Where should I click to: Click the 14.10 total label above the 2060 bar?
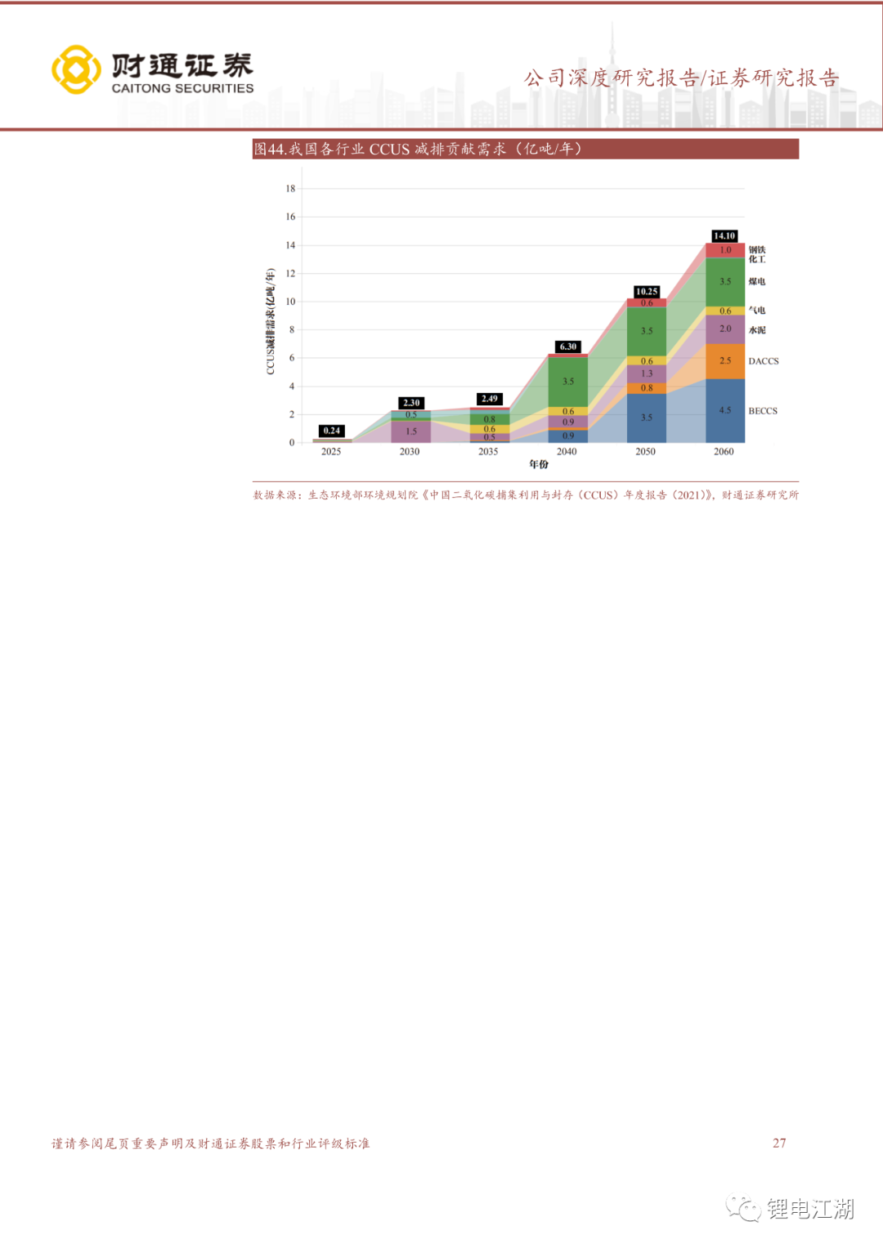724,236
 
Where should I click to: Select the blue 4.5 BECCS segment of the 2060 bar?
725,410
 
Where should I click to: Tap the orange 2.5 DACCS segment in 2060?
725,360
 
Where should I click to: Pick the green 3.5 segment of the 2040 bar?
568,381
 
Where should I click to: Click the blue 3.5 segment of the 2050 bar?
647,418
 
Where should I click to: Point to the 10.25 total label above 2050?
647,292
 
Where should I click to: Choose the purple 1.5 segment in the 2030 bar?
411,432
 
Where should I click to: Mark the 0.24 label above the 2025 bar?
331,431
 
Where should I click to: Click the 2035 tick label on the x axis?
488,451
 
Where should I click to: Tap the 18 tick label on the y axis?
290,189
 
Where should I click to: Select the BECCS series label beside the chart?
763,411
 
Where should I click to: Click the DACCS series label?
764,361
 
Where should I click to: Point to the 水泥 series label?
757,330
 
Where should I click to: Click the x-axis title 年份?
539,464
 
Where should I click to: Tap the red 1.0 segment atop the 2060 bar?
725,250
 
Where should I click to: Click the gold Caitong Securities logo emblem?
76,69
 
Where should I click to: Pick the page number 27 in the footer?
779,1143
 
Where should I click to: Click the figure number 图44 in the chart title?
269,149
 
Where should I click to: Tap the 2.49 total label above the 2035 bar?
490,399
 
